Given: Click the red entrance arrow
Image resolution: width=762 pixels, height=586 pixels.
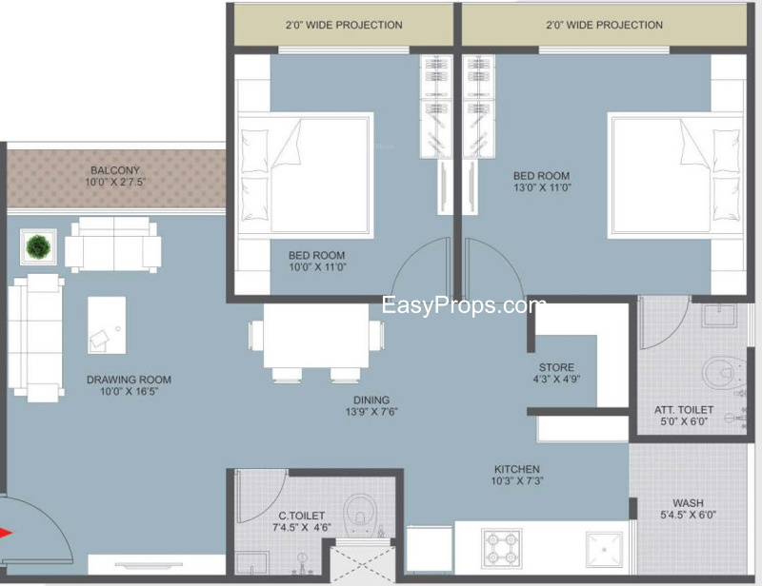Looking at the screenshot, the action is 6,533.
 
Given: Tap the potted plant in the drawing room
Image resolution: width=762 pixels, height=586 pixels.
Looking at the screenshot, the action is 38,246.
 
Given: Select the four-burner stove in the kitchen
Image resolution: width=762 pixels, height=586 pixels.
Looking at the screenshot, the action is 502,549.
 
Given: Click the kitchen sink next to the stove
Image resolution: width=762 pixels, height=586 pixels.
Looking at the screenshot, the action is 604,550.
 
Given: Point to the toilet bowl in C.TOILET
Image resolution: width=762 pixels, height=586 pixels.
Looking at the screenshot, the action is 361,512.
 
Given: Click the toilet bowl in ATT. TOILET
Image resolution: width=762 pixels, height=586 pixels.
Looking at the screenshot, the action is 724,372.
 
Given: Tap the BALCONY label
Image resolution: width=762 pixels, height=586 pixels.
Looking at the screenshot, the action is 115,170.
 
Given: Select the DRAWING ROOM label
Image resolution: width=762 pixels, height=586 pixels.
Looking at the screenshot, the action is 129,380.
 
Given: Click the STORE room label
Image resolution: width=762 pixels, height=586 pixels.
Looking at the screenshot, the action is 556,367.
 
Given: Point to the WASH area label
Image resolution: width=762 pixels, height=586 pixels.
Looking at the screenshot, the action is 688,503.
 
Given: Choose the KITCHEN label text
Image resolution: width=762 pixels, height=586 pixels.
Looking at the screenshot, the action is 517,469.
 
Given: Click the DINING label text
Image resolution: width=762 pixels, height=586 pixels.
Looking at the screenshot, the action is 371,400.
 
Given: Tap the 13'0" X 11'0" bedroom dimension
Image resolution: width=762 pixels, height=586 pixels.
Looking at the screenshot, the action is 542,187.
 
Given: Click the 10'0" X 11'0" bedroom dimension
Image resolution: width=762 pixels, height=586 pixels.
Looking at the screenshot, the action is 317,266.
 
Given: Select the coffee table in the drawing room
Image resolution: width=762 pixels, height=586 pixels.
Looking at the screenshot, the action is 107,325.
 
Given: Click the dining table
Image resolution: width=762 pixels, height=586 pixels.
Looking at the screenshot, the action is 316,336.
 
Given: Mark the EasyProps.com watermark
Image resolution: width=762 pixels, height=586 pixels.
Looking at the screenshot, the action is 464,306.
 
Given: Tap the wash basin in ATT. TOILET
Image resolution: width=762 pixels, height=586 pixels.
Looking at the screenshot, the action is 720,316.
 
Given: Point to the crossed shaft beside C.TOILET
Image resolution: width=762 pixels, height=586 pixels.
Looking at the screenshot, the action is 363,564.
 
